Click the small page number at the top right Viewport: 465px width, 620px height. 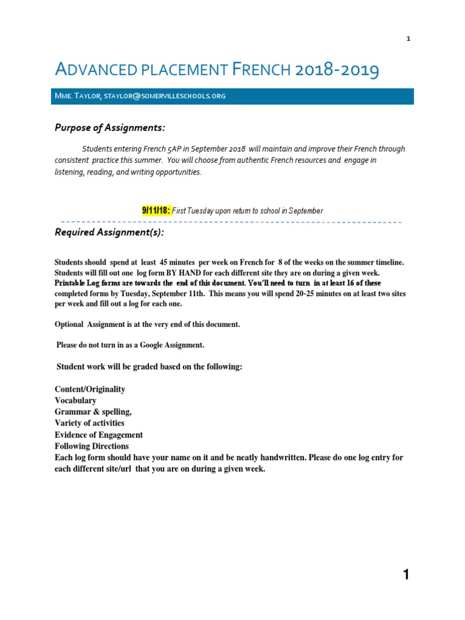(x=408, y=39)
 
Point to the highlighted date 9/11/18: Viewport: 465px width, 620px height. (x=156, y=211)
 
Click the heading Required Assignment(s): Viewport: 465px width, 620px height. (x=109, y=233)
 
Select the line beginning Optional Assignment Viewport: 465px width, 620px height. (x=147, y=325)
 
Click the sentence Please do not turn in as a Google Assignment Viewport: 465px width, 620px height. (x=130, y=345)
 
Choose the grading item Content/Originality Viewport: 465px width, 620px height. (x=90, y=389)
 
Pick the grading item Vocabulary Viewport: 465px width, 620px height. (x=76, y=401)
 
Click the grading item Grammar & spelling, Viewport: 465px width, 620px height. (x=93, y=412)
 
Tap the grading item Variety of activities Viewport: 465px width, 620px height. (x=90, y=423)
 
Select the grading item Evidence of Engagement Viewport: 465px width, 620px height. (x=99, y=435)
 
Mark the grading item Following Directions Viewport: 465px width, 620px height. (x=91, y=446)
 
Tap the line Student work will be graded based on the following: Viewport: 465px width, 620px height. (x=149, y=367)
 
